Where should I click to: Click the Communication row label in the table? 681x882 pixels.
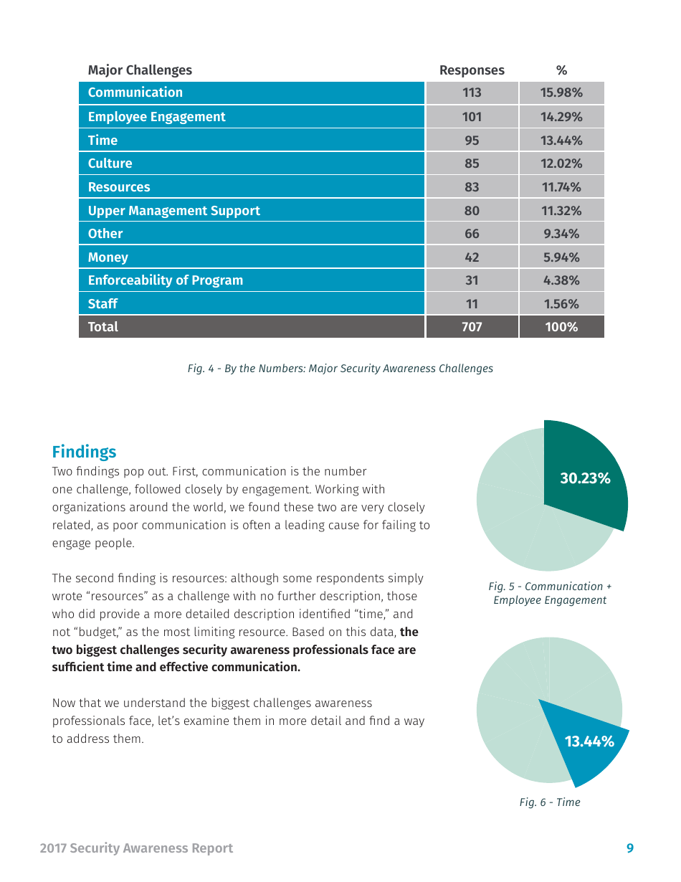[x=135, y=93]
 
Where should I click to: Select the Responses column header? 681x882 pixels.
[x=472, y=70]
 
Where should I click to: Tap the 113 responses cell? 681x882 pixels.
[x=472, y=93]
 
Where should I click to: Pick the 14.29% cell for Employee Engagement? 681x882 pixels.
[x=561, y=117]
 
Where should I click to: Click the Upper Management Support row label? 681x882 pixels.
[x=173, y=211]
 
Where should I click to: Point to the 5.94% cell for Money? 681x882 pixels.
[x=561, y=257]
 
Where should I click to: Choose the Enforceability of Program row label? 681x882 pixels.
[x=165, y=280]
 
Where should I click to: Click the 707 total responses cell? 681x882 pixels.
[x=472, y=327]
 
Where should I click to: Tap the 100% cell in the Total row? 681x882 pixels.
[x=561, y=327]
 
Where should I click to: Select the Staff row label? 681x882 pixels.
[x=103, y=304]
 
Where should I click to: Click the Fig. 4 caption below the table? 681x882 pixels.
[x=340, y=369]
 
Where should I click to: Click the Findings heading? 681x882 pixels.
[x=84, y=452]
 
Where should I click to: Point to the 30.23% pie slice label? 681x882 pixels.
[x=585, y=478]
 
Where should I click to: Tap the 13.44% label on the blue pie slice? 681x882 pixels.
[x=589, y=741]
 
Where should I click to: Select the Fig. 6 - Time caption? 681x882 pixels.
[x=550, y=802]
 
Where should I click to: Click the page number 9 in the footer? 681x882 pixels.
[x=630, y=848]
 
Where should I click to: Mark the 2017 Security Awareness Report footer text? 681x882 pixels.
[x=136, y=848]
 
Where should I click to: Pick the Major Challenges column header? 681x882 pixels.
[x=140, y=70]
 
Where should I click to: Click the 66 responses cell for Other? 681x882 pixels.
[x=472, y=234]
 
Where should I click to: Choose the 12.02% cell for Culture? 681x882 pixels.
[x=561, y=163]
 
